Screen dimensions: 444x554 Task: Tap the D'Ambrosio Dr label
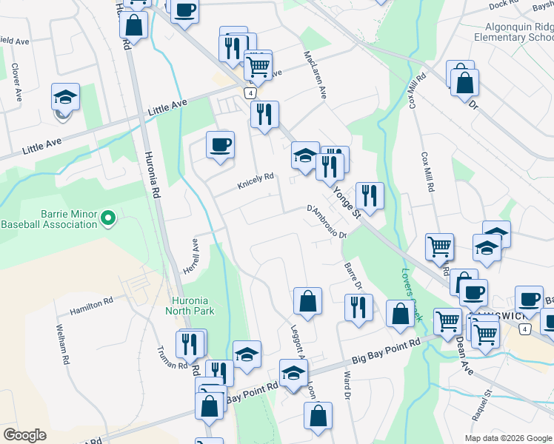tap(327, 222)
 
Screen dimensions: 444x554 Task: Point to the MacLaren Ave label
tap(316, 74)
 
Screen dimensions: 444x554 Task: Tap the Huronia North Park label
tap(193, 306)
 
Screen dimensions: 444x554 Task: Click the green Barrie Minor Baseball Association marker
tap(107, 218)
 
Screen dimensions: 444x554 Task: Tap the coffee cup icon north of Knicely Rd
tap(220, 145)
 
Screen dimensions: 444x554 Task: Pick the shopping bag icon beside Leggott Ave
tap(307, 301)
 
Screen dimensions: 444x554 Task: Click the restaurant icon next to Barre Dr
tap(358, 307)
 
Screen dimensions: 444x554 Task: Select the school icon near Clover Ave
tap(65, 97)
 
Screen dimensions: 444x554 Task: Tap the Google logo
tap(24, 435)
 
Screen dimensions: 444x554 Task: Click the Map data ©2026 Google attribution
tap(507, 438)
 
